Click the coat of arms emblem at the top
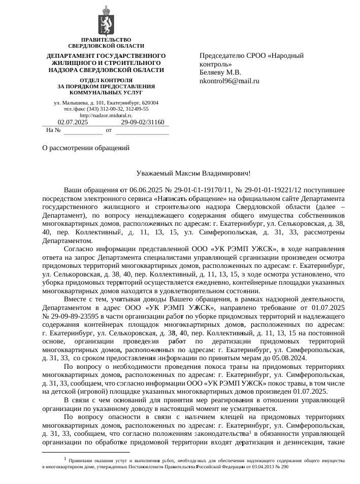tap(106, 21)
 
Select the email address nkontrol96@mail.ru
tap(230, 81)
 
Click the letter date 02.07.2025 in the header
tap(73, 122)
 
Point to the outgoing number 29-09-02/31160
tap(143, 122)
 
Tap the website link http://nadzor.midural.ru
tap(106, 116)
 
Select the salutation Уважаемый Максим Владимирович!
tap(194, 174)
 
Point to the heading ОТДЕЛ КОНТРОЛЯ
tap(106, 80)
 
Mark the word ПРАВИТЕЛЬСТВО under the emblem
tap(106, 40)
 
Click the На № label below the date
tap(53, 130)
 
